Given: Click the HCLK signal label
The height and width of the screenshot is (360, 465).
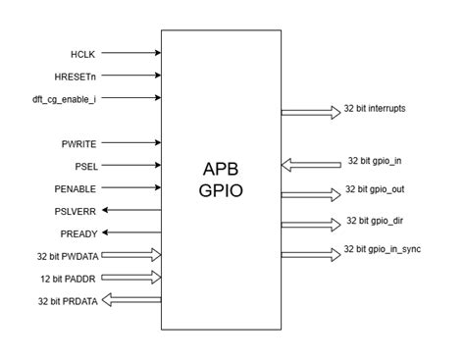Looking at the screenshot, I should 82,54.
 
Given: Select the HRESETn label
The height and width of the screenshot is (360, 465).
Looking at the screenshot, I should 75,77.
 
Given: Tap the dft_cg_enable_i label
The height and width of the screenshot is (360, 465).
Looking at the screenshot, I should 66,98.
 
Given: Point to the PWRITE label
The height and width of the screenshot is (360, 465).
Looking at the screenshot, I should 79,144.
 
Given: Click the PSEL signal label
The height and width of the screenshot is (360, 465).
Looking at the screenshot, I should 86,166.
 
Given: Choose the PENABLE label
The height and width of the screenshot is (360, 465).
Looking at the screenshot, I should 76,187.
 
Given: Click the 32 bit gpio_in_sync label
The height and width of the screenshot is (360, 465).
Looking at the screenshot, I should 390,252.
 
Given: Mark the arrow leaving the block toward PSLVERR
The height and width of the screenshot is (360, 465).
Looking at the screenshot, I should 131,210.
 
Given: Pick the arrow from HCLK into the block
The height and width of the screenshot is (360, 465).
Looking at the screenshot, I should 131,54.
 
